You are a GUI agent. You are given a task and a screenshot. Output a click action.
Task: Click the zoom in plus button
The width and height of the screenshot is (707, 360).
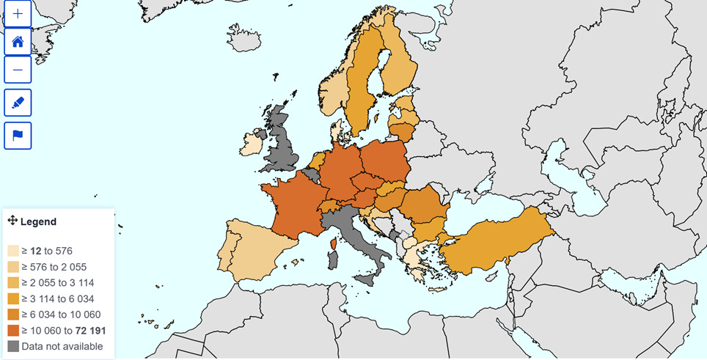18,13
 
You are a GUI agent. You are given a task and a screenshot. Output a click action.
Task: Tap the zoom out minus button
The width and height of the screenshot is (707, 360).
18,70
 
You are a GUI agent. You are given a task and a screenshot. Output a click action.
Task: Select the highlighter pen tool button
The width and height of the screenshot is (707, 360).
18,103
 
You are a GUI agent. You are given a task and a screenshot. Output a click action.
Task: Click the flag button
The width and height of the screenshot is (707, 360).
18,136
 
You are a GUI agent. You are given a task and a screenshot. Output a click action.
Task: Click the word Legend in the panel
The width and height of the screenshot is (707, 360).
38,221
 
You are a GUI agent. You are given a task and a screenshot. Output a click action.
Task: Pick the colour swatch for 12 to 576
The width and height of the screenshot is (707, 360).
13,251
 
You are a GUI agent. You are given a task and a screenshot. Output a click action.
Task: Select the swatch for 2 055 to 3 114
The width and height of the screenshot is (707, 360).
13,283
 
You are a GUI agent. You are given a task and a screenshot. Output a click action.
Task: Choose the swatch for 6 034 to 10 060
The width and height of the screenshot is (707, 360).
13,315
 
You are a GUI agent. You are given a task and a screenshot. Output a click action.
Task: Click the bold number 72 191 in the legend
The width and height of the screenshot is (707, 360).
91,331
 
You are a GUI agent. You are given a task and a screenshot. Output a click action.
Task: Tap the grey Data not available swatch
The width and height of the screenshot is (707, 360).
13,346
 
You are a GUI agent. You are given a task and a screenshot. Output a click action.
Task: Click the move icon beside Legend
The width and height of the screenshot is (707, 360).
12,221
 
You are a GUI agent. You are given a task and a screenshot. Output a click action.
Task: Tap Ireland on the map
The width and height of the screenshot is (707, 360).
251,142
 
